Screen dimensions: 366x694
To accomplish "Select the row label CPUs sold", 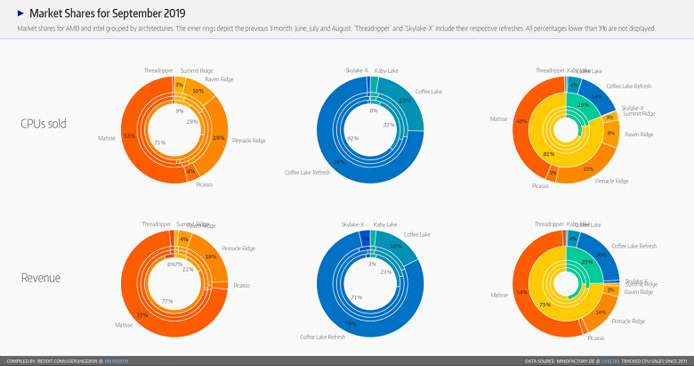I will click(x=43, y=123).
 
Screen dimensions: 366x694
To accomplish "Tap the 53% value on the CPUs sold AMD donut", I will click(x=129, y=136).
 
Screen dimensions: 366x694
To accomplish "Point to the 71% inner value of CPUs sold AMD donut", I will click(x=160, y=142).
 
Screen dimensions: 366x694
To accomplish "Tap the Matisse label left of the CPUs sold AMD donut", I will click(x=107, y=138).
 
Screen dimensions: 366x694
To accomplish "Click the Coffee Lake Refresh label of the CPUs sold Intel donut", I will click(x=307, y=172).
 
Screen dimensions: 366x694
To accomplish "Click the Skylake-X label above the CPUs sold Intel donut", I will click(x=356, y=69).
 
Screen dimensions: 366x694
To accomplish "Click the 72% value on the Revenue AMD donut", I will click(x=141, y=315).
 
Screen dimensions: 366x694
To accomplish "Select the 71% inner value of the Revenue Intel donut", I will click(x=356, y=297).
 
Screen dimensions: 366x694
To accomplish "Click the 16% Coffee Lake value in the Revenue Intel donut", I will click(x=395, y=245).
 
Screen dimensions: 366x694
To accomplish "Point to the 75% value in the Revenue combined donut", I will click(x=545, y=304).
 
